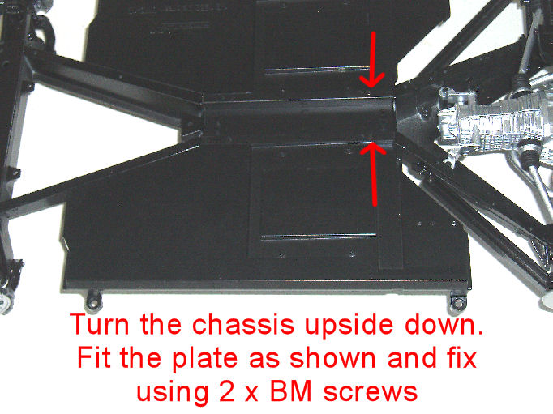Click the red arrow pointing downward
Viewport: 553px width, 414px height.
tap(374, 60)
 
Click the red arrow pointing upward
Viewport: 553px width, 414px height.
tap(374, 174)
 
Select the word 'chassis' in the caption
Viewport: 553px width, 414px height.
tap(243, 324)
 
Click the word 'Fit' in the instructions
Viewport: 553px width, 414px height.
tap(94, 357)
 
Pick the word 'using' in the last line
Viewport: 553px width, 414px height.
tap(172, 393)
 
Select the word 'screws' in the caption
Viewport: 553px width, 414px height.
tap(371, 392)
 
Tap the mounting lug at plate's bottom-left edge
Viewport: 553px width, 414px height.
tap(94, 299)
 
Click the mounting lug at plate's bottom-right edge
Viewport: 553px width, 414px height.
tap(457, 301)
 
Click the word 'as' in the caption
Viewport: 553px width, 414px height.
tap(264, 360)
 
